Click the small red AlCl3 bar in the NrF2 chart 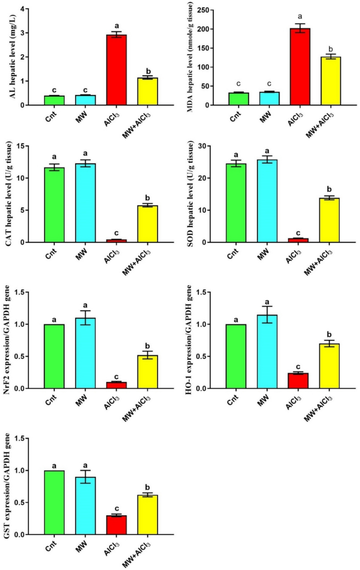[x=117, y=385]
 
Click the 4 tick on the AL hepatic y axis [x=26, y=9]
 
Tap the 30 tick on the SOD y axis [x=207, y=146]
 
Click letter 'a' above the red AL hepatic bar [x=117, y=25]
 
